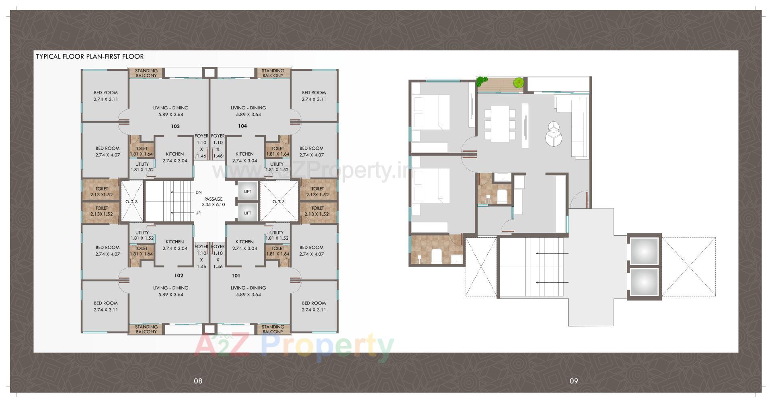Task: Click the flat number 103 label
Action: (x=175, y=126)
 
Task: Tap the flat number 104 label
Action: (x=242, y=126)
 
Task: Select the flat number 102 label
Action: (x=179, y=276)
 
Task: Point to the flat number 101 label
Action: (x=236, y=276)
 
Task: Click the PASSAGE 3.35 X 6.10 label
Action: (x=213, y=201)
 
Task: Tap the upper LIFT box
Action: (x=247, y=191)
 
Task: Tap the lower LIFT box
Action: (x=247, y=213)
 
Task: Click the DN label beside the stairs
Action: (x=198, y=192)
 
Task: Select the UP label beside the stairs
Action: (x=198, y=213)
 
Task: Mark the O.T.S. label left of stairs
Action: (x=132, y=201)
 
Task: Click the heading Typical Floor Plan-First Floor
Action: (x=90, y=56)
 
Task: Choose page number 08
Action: (x=198, y=381)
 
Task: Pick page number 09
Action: (x=573, y=381)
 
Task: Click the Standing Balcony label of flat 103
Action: (x=146, y=73)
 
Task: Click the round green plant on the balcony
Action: (x=518, y=83)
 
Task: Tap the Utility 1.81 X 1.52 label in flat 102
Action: (x=142, y=235)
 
